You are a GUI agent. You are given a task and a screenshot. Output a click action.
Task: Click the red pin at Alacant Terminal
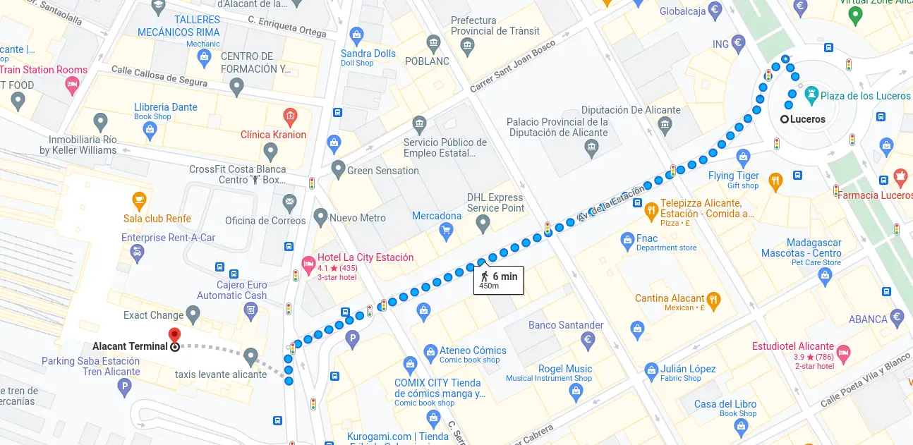[x=174, y=335]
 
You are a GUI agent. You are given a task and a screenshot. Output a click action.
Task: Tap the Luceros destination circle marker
[x=784, y=119]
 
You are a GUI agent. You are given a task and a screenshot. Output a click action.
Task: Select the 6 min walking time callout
[x=499, y=280]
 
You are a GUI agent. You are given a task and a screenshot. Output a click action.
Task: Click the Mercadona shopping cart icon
[x=445, y=230]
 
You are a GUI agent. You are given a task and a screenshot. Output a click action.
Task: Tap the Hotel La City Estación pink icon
[x=308, y=264]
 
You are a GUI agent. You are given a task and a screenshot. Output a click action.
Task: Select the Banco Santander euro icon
[x=588, y=341]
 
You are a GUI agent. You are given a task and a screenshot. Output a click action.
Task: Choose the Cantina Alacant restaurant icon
[x=713, y=299]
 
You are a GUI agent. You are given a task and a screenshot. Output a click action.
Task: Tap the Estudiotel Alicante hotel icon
[x=845, y=351]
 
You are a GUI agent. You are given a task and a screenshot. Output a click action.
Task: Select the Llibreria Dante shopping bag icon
[x=150, y=128]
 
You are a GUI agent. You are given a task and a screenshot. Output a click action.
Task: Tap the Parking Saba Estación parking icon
[x=124, y=386]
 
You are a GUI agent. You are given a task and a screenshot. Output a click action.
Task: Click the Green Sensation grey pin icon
[x=337, y=170]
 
